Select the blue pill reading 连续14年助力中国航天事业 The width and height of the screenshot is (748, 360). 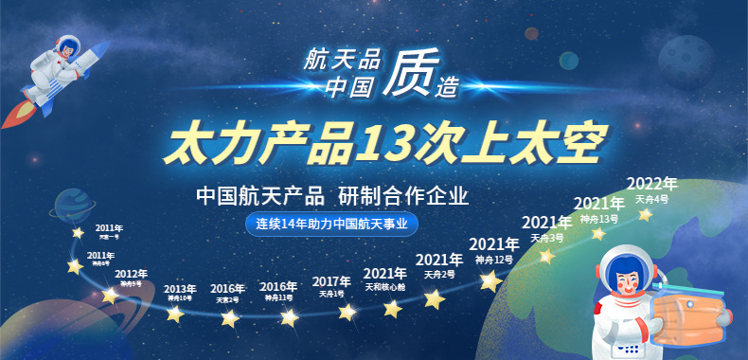coord(331,225)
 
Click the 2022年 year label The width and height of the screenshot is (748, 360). coord(652,184)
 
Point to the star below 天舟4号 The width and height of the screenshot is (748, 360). coord(646,215)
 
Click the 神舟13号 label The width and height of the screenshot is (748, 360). coord(599,219)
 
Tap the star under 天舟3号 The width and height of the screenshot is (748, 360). coord(546,256)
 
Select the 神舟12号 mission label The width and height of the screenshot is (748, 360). coord(493,260)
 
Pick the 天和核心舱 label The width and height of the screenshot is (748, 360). coord(384,286)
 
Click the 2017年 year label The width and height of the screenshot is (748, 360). coord(331,281)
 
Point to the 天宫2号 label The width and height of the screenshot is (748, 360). coord(227,300)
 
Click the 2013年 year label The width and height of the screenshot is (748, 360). coord(180,289)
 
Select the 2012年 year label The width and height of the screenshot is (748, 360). coord(131,274)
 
